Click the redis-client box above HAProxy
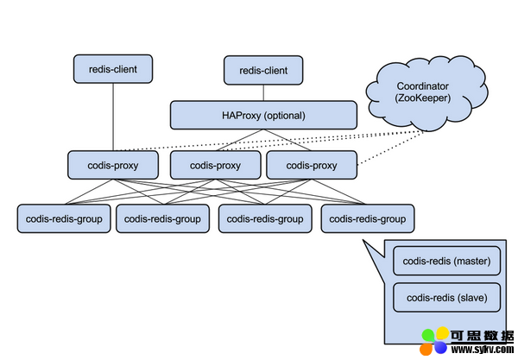(x=263, y=70)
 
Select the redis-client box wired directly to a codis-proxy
(x=113, y=69)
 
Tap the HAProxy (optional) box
(x=263, y=115)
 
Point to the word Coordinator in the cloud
(x=422, y=86)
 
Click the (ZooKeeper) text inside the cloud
(x=422, y=98)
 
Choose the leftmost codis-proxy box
(x=113, y=165)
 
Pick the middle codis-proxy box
(x=215, y=165)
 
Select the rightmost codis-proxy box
(x=312, y=165)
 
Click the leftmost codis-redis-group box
(x=64, y=218)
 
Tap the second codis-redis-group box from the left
(x=162, y=218)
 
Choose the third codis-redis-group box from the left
(x=265, y=218)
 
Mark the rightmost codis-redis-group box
(x=368, y=218)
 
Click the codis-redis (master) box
(x=446, y=261)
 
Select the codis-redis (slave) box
(x=446, y=298)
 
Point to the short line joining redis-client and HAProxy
(x=263, y=93)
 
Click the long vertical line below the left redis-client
(x=113, y=117)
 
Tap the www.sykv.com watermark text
(x=483, y=349)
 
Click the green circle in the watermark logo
(x=428, y=336)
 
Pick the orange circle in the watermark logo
(x=426, y=349)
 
